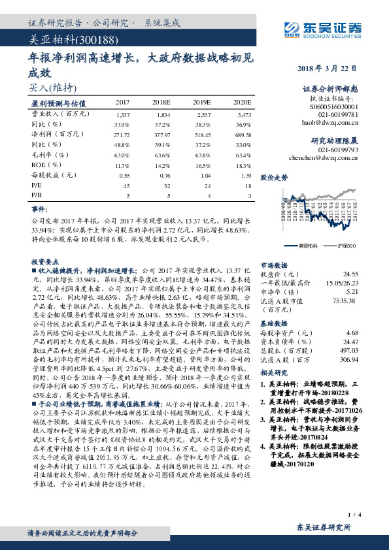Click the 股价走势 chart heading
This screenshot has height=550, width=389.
click(274, 177)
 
